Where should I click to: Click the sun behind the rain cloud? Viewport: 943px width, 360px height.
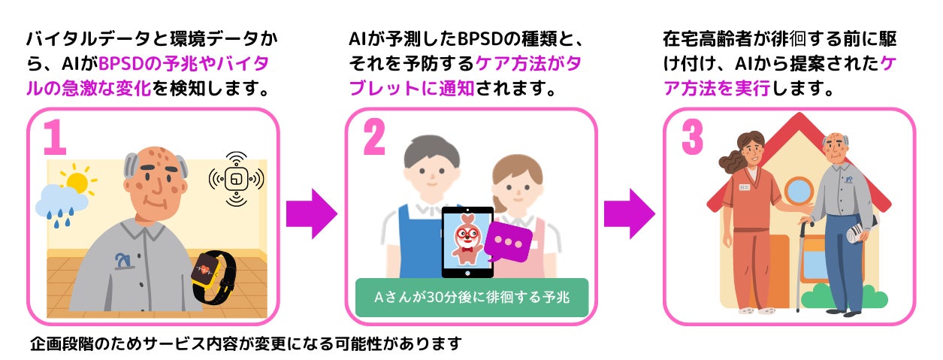tap(77, 181)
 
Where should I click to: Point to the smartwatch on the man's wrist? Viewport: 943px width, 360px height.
tap(213, 274)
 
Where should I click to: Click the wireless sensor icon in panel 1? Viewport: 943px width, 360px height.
tap(236, 179)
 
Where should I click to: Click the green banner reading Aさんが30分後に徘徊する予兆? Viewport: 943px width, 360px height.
tap(471, 296)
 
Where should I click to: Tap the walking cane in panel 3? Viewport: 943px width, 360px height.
tap(801, 263)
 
